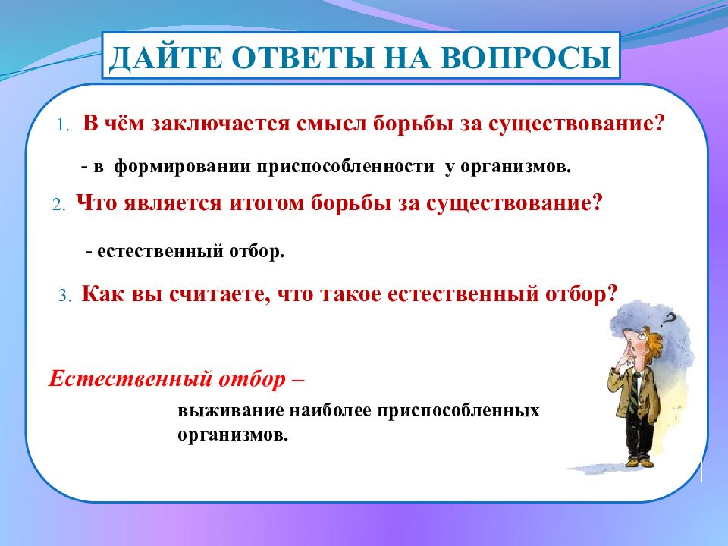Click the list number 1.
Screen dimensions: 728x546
pyautogui.click(x=63, y=125)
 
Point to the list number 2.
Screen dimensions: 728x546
pyautogui.click(x=58, y=205)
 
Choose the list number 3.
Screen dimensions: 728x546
pyautogui.click(x=65, y=296)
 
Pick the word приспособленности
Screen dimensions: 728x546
pyautogui.click(x=346, y=166)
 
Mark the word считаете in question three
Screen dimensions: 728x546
pyautogui.click(x=220, y=294)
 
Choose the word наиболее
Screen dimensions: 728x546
pyautogui.click(x=331, y=411)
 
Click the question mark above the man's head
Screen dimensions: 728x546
pyautogui.click(x=669, y=319)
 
